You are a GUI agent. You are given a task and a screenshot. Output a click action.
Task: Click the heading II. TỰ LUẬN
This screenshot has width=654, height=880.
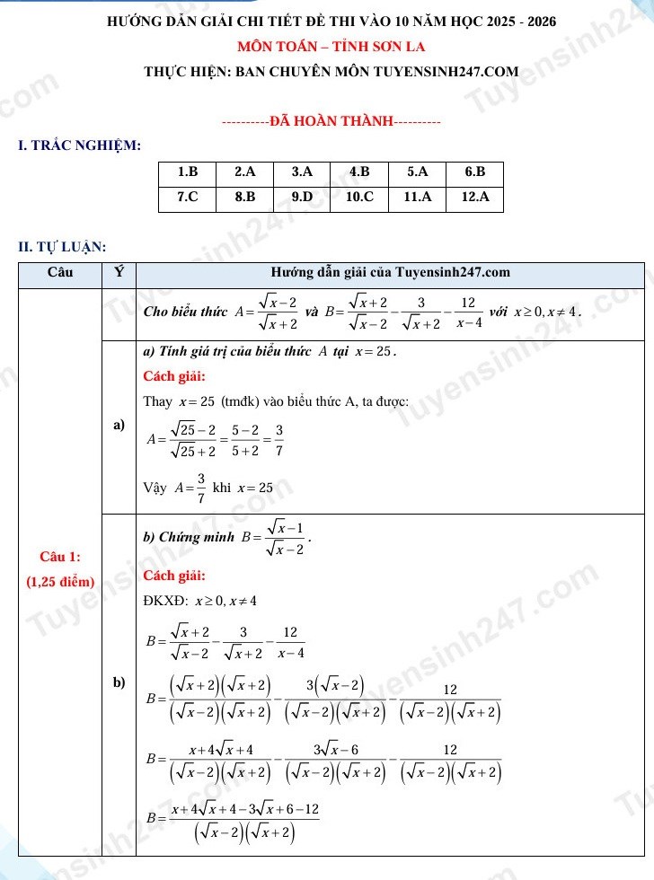(x=63, y=246)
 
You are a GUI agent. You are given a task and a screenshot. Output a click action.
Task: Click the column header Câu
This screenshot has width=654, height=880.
(x=60, y=272)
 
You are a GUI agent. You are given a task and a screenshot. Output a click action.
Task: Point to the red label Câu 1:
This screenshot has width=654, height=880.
(x=60, y=559)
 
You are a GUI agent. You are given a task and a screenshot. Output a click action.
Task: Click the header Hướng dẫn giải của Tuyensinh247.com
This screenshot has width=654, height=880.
(x=390, y=272)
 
